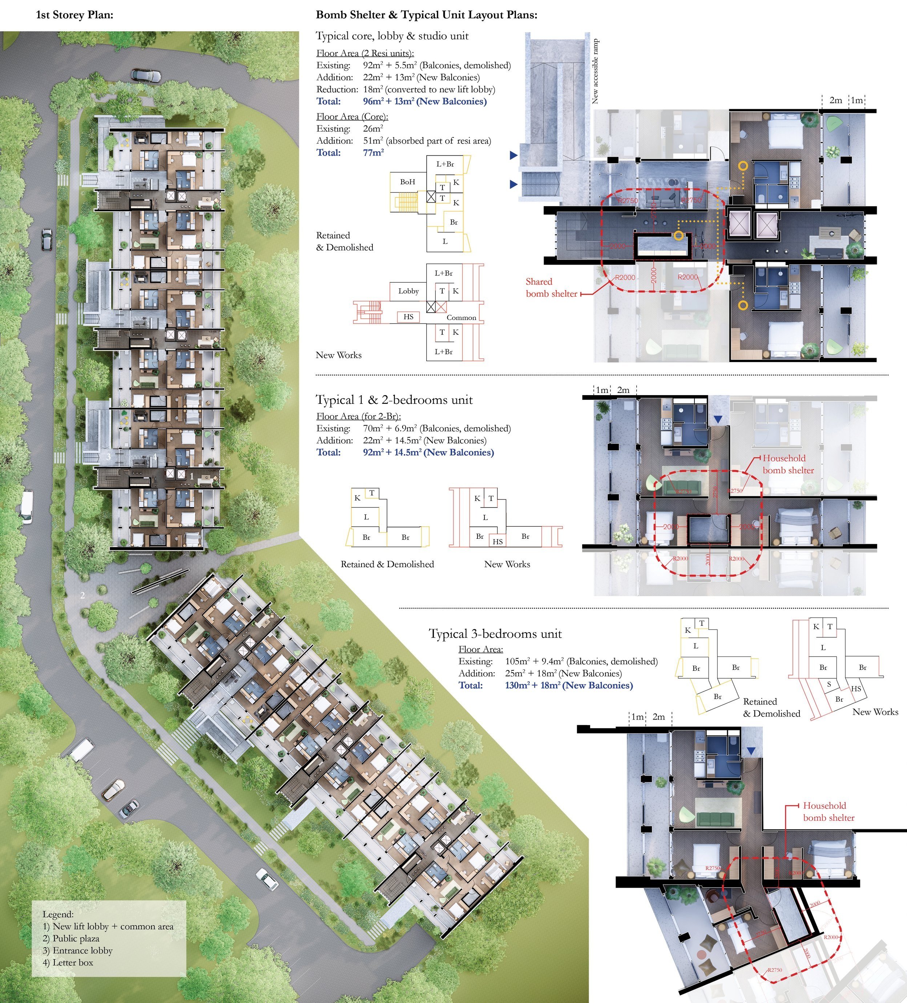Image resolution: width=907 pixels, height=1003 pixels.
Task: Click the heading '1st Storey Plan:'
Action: point(74,15)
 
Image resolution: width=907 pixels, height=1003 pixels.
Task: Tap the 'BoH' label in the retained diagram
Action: point(407,182)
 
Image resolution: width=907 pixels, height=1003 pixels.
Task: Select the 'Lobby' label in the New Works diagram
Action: point(408,291)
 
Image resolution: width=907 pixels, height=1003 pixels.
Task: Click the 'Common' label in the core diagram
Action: point(461,317)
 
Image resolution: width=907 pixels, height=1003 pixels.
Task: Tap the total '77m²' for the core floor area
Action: point(374,153)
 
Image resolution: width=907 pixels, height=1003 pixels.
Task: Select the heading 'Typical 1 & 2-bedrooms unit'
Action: point(394,400)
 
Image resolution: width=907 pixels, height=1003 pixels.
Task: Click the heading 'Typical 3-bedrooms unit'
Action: point(495,634)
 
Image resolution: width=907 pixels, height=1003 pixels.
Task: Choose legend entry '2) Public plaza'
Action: point(71,938)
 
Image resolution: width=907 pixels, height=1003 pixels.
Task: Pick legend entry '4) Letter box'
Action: point(68,962)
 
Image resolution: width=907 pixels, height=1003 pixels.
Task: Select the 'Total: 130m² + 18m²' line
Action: point(545,686)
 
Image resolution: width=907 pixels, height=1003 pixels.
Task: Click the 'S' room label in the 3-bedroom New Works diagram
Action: point(829,684)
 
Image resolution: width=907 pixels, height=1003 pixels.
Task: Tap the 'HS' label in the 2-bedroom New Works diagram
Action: point(498,541)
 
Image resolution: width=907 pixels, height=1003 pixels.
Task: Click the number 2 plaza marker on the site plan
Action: point(82,595)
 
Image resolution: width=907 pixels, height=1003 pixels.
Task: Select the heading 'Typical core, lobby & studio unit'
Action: point(392,36)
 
